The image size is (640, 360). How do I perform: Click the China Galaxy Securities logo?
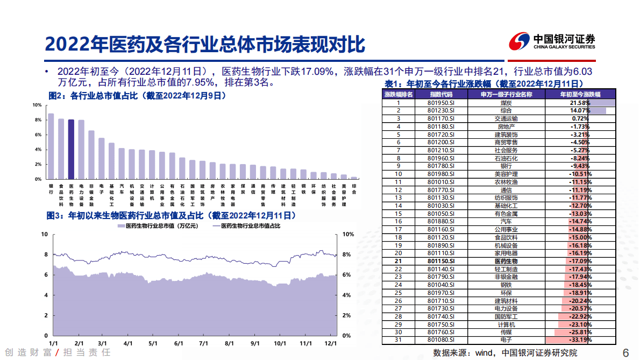[552, 41]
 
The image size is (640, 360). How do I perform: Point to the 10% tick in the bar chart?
[38, 105]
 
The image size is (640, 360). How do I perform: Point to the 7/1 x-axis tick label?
[203, 343]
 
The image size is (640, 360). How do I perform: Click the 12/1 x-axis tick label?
[330, 343]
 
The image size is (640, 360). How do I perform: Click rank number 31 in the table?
[398, 340]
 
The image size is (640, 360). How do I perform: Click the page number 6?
[625, 352]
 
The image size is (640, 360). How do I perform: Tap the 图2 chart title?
[137, 95]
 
